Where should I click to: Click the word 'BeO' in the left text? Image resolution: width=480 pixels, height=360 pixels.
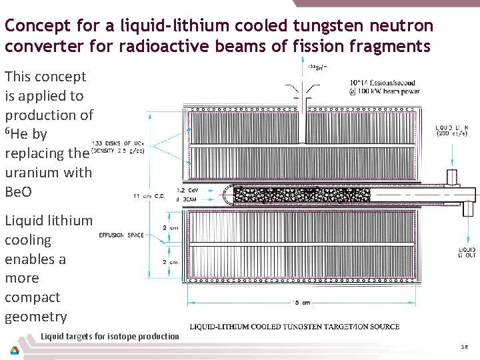pos(18,192)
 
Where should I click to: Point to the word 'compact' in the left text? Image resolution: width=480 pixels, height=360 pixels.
pos(33,297)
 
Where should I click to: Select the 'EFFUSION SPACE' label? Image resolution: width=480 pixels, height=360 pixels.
pos(121,235)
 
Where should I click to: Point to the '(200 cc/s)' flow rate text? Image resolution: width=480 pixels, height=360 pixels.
pos(452,133)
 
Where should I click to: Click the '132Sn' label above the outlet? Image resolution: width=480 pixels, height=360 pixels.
pos(316,67)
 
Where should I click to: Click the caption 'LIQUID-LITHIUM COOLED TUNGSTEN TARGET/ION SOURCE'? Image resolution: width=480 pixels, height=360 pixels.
pos(294,326)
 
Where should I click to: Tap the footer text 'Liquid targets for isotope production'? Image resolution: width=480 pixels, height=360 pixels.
pos(110,336)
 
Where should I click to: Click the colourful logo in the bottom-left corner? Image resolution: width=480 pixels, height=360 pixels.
pos(14,349)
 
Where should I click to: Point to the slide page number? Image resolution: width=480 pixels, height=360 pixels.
pos(464,347)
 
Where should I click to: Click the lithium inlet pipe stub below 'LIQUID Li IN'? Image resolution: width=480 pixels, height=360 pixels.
pos(451,177)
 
